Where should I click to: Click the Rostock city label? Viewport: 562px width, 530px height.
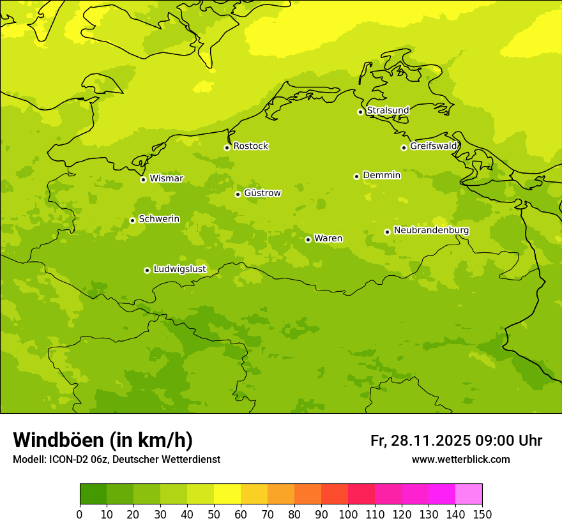[x=250, y=146]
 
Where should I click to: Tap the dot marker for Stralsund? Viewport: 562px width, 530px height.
[x=360, y=112]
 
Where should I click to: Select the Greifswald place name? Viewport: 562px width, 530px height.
[x=433, y=146]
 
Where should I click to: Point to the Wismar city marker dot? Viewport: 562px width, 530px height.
[x=143, y=179]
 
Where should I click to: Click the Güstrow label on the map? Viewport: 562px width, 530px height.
[x=262, y=193]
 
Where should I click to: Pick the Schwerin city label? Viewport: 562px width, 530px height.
[x=159, y=219]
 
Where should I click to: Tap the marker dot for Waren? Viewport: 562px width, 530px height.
[x=308, y=239]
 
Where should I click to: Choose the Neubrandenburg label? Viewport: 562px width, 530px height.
[x=431, y=231]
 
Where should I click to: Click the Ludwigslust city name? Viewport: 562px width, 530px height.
[x=179, y=269]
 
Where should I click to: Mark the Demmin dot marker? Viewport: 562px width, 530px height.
[x=356, y=176]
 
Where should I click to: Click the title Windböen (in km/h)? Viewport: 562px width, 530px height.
[x=103, y=440]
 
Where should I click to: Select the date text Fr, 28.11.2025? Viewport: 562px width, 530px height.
[x=420, y=441]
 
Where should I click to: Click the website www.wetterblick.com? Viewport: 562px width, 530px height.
[x=460, y=459]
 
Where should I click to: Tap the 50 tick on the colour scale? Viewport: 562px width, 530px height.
[x=214, y=514]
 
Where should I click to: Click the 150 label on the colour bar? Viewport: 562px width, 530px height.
[x=482, y=514]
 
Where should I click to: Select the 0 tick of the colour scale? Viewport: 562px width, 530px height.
[x=80, y=514]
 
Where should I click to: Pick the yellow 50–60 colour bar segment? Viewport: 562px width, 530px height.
[x=227, y=494]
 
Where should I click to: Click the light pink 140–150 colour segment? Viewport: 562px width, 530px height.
[x=469, y=494]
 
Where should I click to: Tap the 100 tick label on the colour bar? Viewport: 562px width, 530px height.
[x=348, y=514]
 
